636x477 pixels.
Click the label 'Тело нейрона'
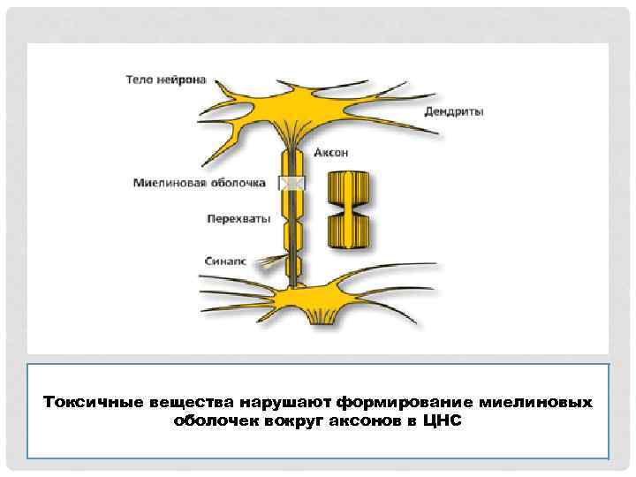165,79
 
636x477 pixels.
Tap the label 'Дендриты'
454,111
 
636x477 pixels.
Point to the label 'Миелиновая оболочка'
200,184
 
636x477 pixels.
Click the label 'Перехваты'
238,216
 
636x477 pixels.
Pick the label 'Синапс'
227,261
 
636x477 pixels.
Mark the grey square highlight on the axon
291,183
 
